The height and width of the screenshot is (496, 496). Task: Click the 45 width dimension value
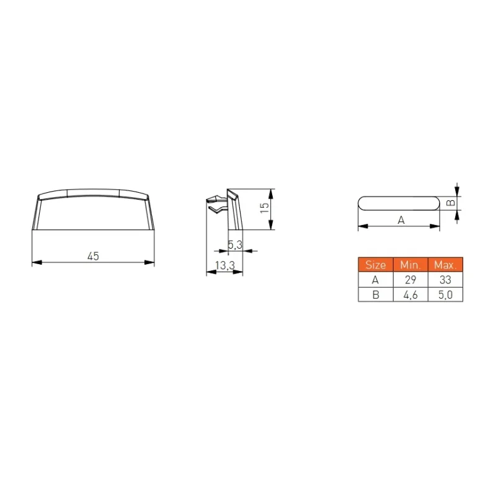coord(93,256)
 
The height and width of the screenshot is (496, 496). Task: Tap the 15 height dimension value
coord(265,208)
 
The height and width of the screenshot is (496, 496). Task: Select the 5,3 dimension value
coord(235,244)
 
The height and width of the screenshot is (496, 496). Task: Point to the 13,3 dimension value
coord(224,265)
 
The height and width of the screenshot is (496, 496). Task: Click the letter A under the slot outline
coord(401,220)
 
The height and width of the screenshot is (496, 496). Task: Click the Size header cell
coord(376,265)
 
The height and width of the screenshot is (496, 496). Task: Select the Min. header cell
coord(410,265)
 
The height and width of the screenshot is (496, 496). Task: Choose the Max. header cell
coord(445,265)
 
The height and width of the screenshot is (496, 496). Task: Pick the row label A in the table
coord(376,280)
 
